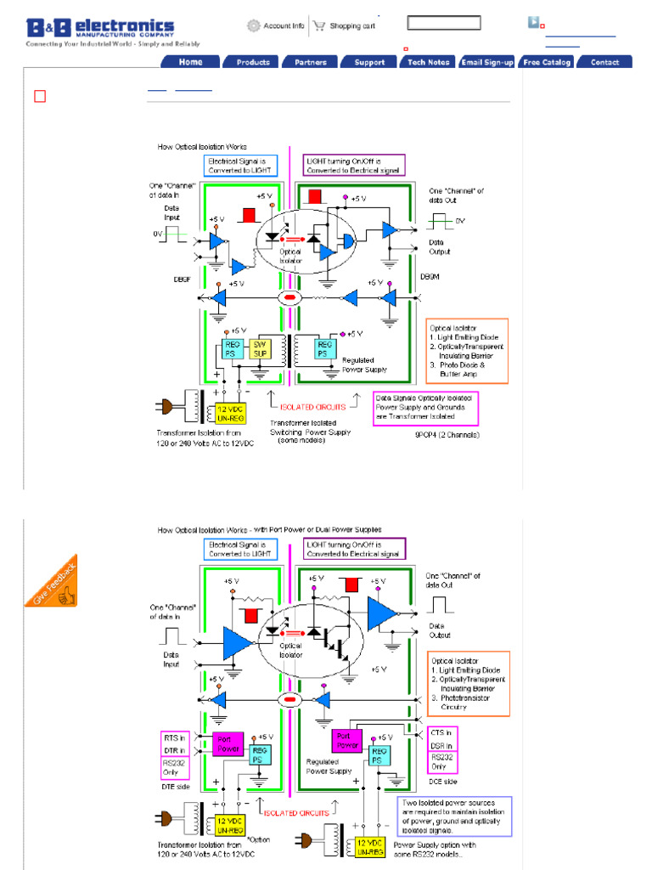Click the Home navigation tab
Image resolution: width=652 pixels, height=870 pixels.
pos(191,62)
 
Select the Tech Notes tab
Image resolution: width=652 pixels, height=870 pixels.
pos(428,62)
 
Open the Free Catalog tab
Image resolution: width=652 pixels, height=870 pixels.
pos(547,62)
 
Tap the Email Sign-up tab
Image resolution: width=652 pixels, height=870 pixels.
pos(487,62)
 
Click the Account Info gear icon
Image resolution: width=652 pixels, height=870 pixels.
pos(253,26)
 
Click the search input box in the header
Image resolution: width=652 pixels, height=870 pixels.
pos(443,23)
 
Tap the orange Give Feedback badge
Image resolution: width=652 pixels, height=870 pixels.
pos(52,581)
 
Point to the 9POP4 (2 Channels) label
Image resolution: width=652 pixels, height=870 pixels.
pos(447,435)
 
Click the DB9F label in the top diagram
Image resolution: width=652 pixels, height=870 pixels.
pos(183,278)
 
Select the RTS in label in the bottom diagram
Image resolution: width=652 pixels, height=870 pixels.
pos(176,737)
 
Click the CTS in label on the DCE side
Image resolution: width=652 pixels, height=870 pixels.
pos(441,732)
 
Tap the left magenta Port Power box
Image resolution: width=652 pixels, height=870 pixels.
pos(228,744)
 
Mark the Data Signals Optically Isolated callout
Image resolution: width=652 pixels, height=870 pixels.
pos(426,407)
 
